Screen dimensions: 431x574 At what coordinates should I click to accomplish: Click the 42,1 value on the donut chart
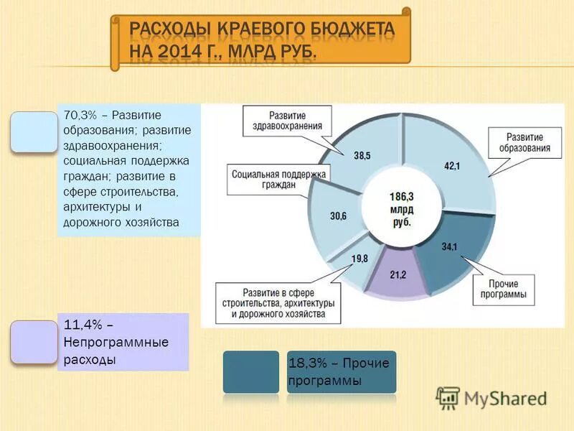click(x=451, y=166)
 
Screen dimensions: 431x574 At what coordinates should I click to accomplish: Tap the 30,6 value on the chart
click(x=338, y=215)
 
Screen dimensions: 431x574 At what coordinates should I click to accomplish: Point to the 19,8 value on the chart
click(x=359, y=259)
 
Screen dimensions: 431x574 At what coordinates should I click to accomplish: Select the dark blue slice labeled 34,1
click(x=450, y=247)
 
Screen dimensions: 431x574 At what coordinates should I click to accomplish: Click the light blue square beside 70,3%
click(x=34, y=131)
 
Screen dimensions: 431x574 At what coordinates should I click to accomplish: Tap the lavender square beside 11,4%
click(x=34, y=342)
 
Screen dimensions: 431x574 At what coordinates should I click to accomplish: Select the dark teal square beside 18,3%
click(x=250, y=371)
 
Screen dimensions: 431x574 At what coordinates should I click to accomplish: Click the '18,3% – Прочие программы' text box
click(x=341, y=371)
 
